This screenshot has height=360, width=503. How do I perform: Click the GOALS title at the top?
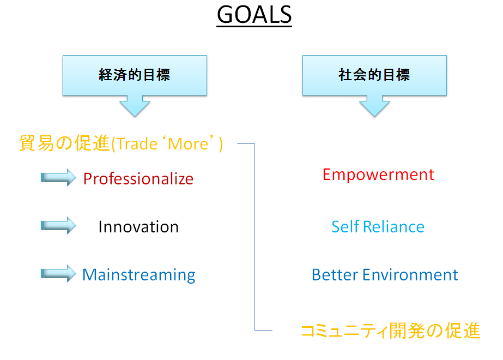click(254, 15)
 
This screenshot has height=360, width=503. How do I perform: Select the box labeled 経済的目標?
click(135, 75)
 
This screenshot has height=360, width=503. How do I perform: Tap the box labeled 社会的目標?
click(374, 75)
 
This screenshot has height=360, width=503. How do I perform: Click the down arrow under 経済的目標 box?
click(135, 106)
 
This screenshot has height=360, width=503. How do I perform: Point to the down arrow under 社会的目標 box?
click(374, 106)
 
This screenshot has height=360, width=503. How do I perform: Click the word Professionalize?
click(138, 179)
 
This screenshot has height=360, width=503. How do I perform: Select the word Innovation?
click(138, 227)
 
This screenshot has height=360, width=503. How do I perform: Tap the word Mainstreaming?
click(138, 275)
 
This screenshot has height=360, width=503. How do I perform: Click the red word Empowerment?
click(378, 175)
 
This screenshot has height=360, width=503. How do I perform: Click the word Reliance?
click(393, 227)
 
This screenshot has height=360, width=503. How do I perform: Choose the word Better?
click(335, 275)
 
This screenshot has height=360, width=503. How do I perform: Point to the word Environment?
click(410, 275)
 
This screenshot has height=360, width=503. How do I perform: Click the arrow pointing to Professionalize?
click(58, 178)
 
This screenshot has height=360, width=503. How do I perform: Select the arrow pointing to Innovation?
click(58, 225)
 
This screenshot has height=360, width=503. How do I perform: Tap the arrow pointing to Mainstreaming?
click(58, 274)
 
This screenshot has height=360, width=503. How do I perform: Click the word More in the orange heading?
click(189, 144)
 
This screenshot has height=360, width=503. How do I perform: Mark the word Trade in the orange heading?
click(137, 144)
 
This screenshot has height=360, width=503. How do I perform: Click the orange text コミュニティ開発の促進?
click(391, 331)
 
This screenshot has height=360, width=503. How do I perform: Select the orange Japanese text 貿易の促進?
click(64, 143)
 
